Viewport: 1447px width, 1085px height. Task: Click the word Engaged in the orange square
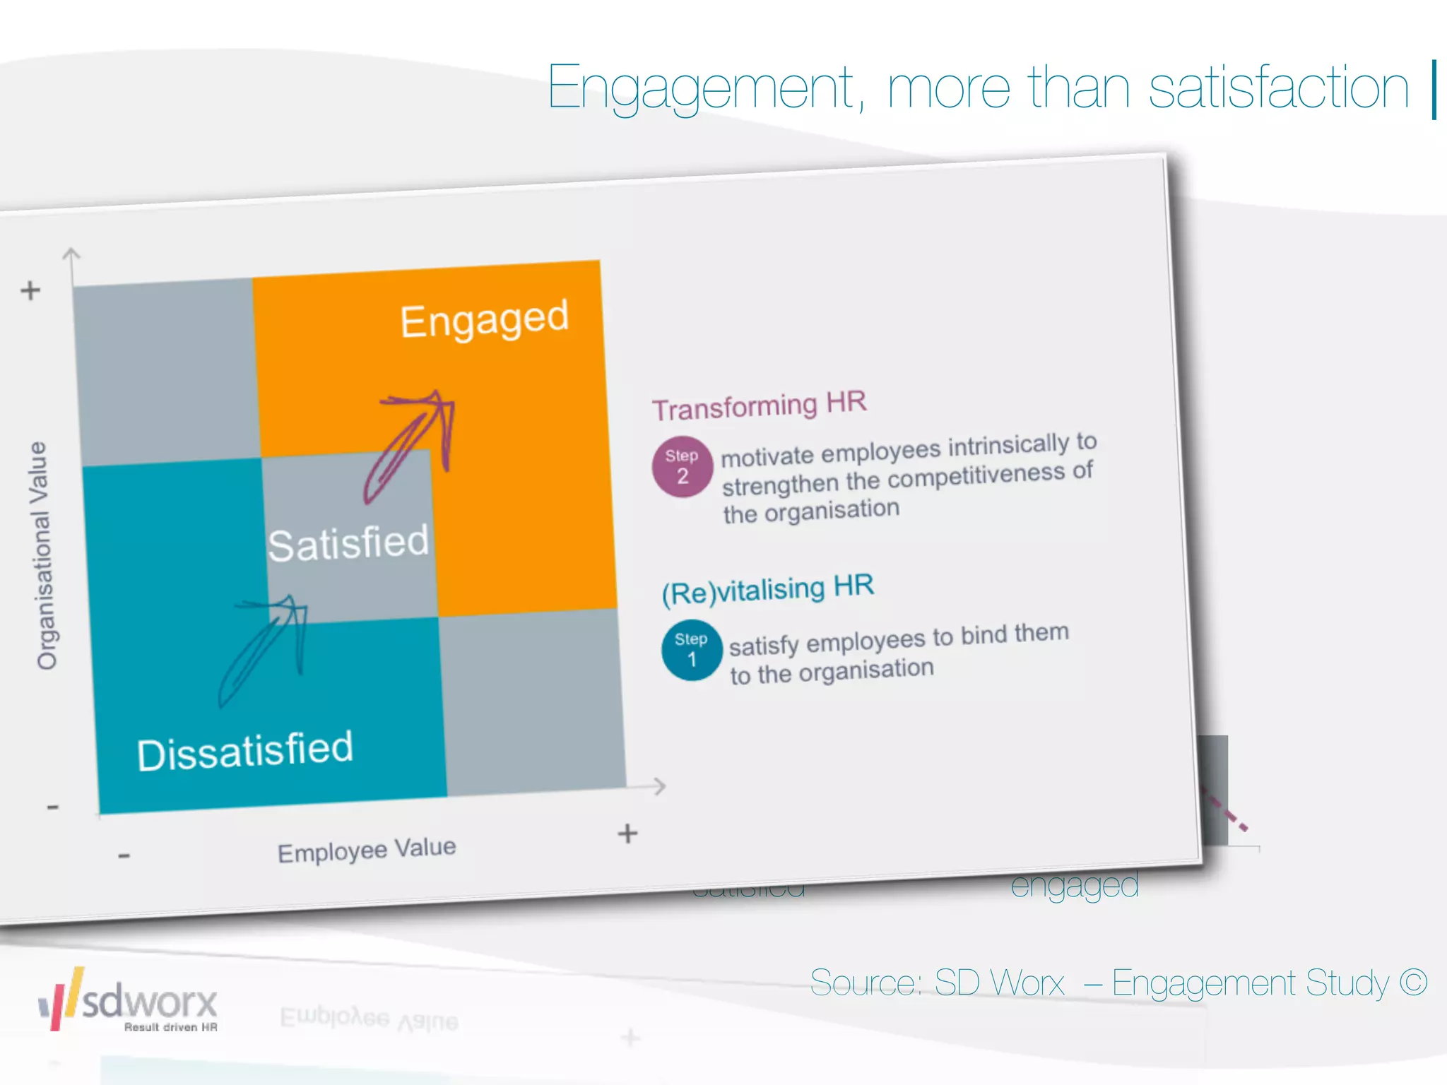pyautogui.click(x=485, y=319)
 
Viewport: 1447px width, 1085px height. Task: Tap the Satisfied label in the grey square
pyautogui.click(x=348, y=543)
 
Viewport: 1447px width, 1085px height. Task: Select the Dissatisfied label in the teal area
pyautogui.click(x=245, y=751)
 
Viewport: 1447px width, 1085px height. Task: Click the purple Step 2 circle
pyautogui.click(x=682, y=467)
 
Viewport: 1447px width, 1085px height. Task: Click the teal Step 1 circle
pyautogui.click(x=691, y=650)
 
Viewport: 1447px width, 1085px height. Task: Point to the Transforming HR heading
pyautogui.click(x=759, y=405)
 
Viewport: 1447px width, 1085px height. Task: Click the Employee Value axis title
pyautogui.click(x=367, y=850)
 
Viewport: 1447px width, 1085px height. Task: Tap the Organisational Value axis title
pyautogui.click(x=44, y=555)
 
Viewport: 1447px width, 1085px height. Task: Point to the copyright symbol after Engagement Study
pyautogui.click(x=1413, y=982)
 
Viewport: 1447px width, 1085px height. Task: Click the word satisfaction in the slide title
pyautogui.click(x=1279, y=88)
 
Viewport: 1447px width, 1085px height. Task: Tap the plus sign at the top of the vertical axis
pyautogui.click(x=30, y=290)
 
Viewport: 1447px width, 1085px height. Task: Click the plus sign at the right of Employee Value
pyautogui.click(x=627, y=834)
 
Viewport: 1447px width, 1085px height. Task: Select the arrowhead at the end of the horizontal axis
pyautogui.click(x=659, y=785)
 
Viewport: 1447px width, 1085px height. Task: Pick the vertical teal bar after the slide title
pyautogui.click(x=1434, y=90)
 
